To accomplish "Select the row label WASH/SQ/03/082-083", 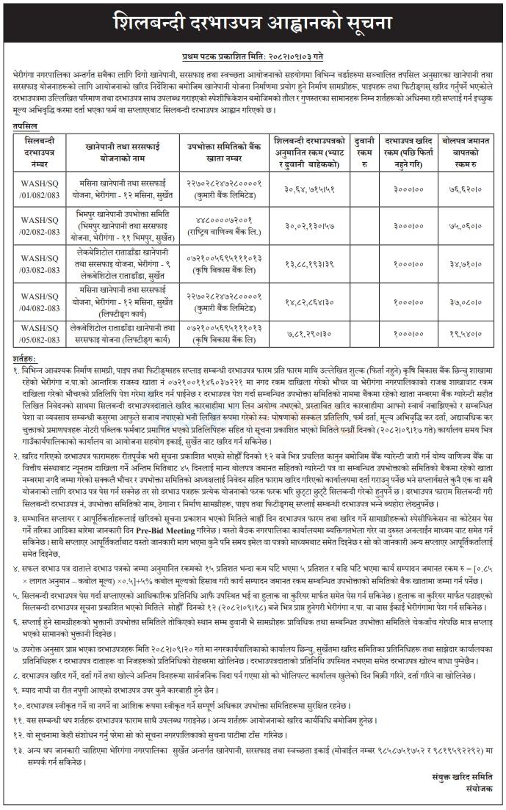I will point(37,262).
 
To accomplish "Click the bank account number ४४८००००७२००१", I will point(224,221).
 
